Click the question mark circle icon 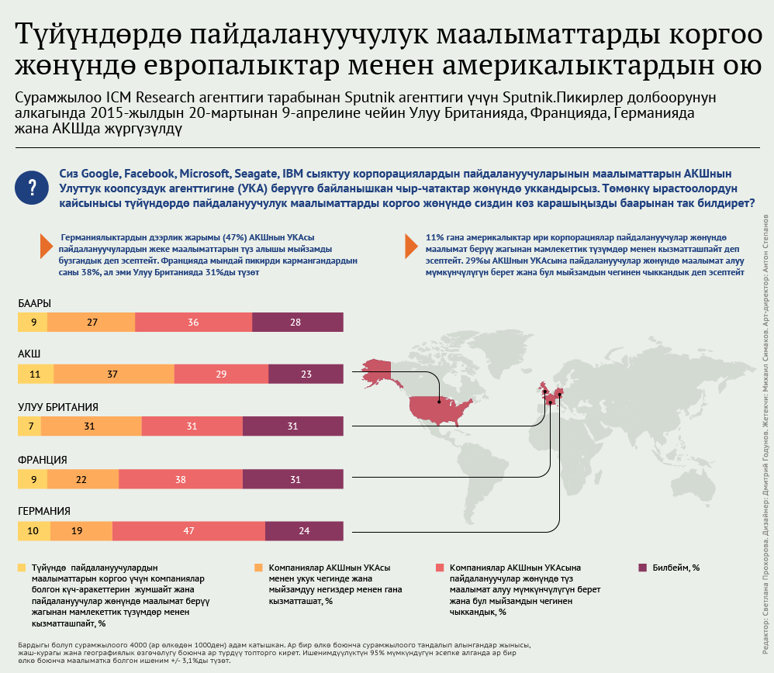click(32, 188)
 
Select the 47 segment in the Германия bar click(188, 531)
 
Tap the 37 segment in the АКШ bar click(113, 374)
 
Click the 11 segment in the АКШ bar click(35, 374)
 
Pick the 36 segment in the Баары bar click(193, 323)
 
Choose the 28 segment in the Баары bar click(296, 323)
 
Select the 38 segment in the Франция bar click(180, 480)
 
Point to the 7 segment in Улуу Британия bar click(29, 426)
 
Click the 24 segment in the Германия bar click(303, 531)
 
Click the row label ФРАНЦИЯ click(43, 459)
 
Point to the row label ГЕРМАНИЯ click(44, 511)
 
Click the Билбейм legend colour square click(642, 568)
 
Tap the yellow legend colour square click(22, 568)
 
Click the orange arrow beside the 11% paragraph click(410, 246)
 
